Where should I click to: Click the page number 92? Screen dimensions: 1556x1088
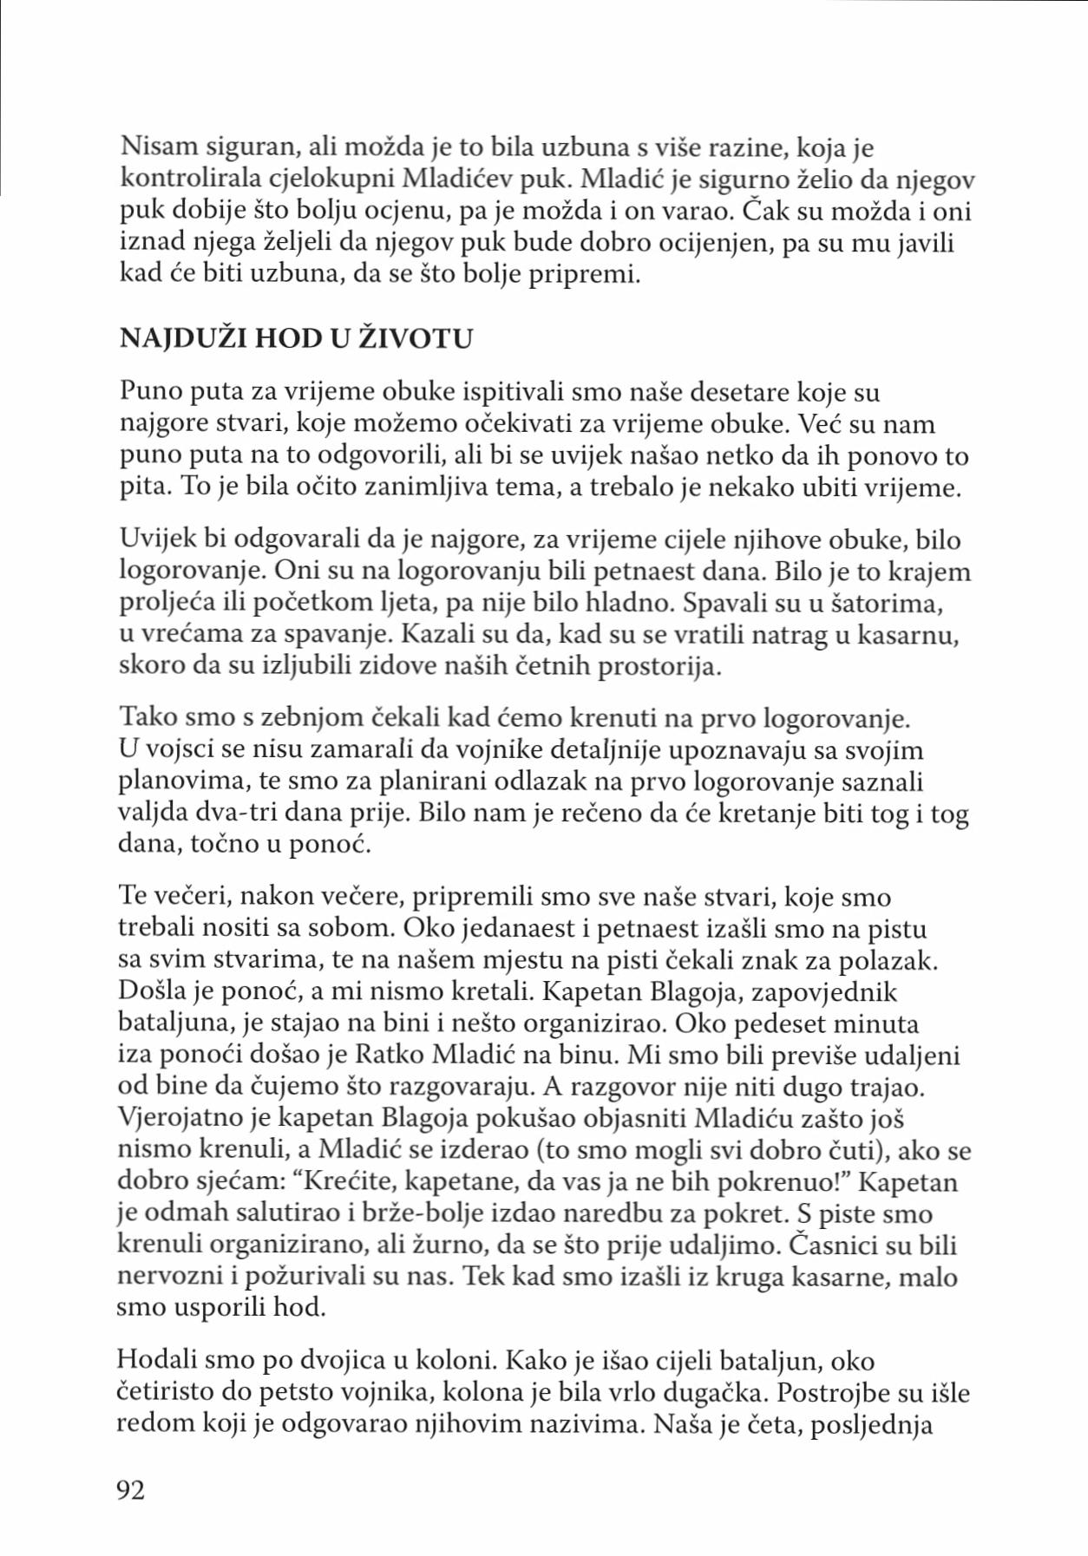click(131, 1490)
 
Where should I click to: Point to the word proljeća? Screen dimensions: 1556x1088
click(168, 603)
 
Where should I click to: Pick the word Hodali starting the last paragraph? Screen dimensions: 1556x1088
click(157, 1361)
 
